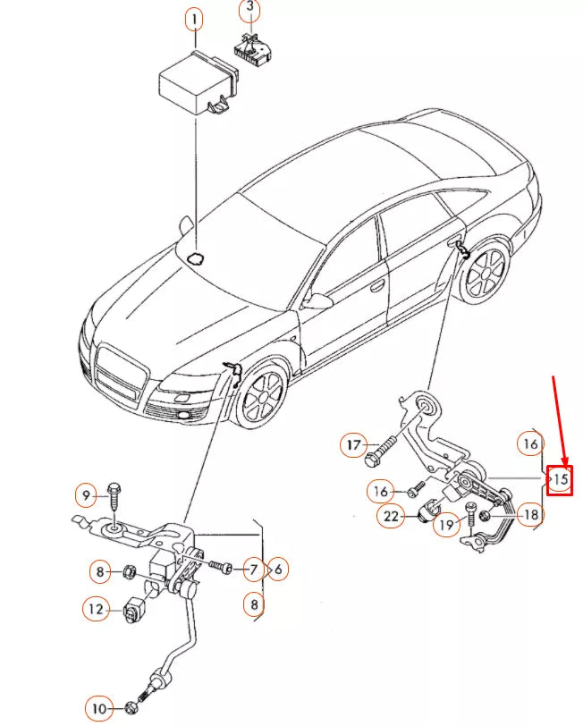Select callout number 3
click(x=250, y=12)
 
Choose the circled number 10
click(x=99, y=710)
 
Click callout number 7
click(x=253, y=569)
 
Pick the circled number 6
click(x=278, y=569)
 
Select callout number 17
click(x=353, y=444)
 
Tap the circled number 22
click(x=390, y=515)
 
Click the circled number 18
click(x=529, y=514)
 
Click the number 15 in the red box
click(x=560, y=480)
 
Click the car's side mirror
click(x=314, y=300)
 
